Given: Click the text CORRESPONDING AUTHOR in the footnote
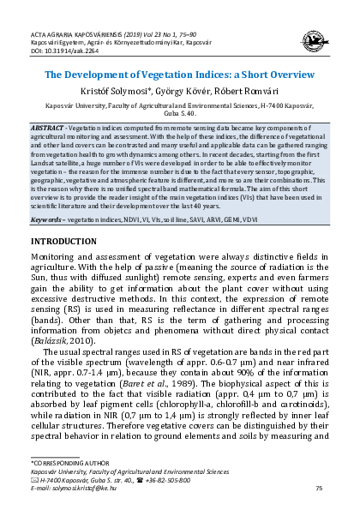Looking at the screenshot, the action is point(70,463).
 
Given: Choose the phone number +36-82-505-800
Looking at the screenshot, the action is point(171,478).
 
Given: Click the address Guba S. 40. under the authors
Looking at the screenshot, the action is point(180,113).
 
